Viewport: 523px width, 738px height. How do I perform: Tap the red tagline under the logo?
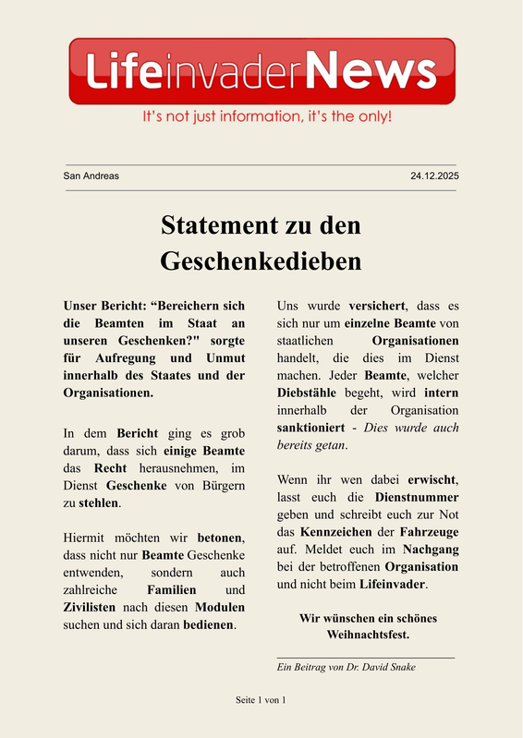(266, 117)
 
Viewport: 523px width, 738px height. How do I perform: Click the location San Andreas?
(91, 175)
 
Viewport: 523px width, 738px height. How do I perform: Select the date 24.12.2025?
(434, 175)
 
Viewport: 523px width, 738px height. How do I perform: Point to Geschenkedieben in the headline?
(261, 261)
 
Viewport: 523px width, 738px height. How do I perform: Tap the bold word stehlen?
(99, 503)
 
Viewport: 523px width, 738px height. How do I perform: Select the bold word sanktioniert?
(315, 428)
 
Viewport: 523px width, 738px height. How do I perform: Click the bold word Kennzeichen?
(334, 532)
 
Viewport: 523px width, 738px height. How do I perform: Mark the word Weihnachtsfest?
(368, 635)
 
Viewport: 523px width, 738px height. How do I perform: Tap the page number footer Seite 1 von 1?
(261, 700)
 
